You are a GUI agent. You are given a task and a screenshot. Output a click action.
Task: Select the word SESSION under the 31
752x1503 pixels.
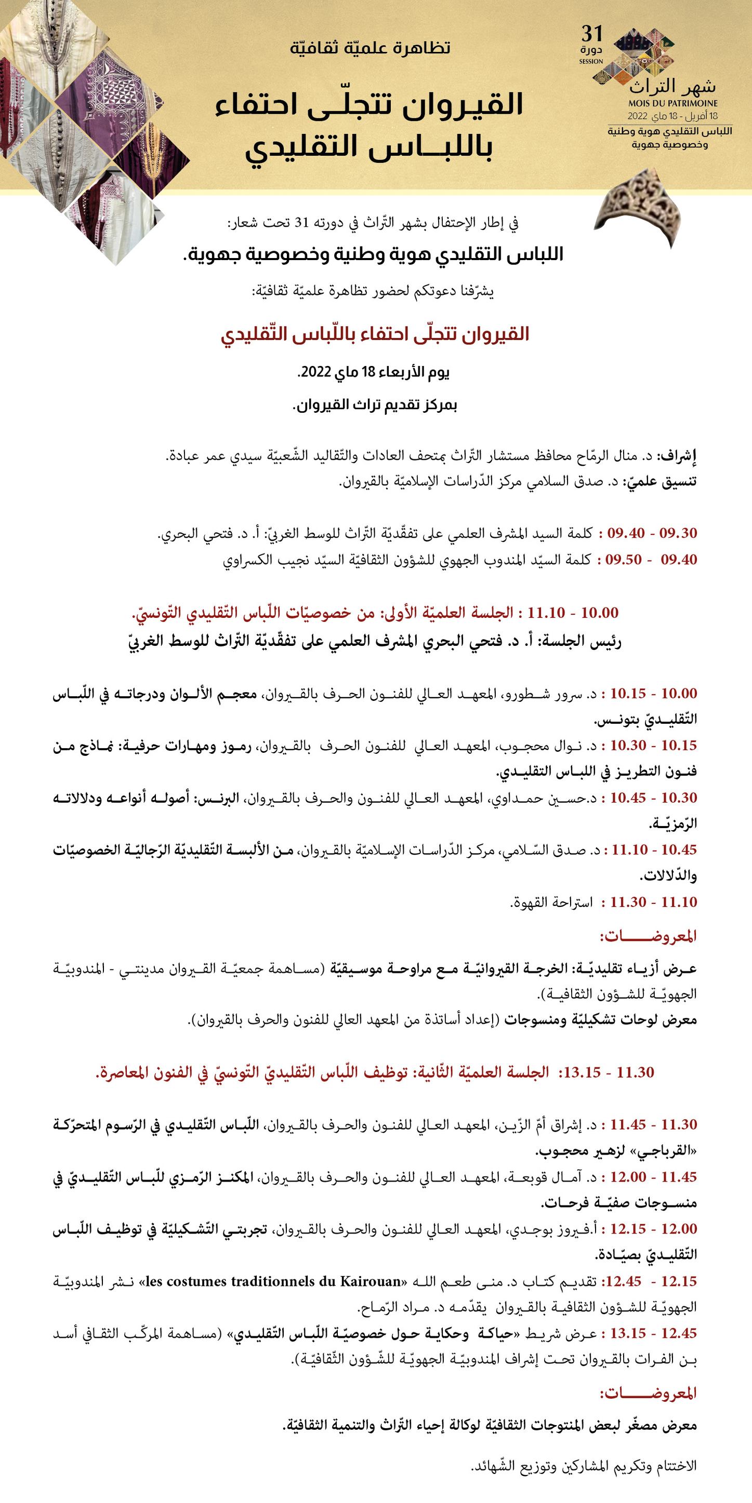tap(591, 61)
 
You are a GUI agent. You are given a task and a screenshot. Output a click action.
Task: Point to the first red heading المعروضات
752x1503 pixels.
tap(649, 937)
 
